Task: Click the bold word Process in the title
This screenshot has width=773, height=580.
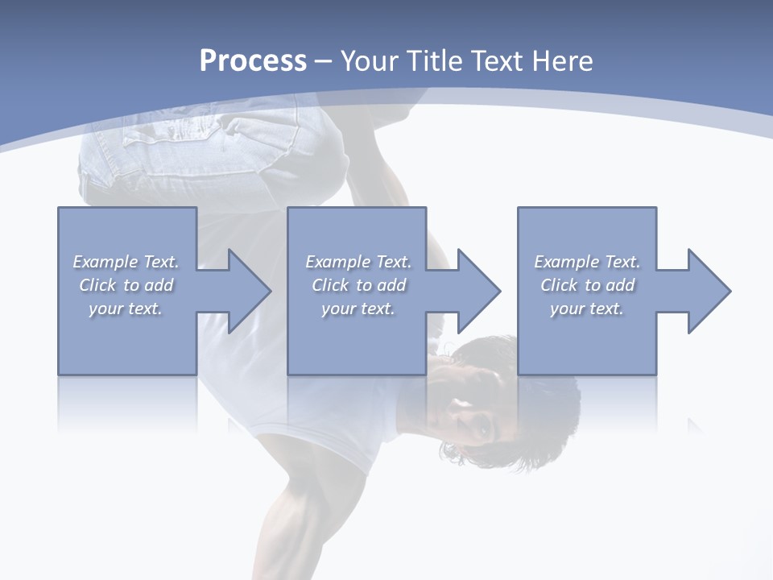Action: (253, 61)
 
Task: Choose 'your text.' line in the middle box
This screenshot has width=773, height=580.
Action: (358, 309)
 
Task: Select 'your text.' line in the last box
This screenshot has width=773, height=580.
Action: (586, 309)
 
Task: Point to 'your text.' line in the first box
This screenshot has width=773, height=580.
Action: (125, 309)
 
